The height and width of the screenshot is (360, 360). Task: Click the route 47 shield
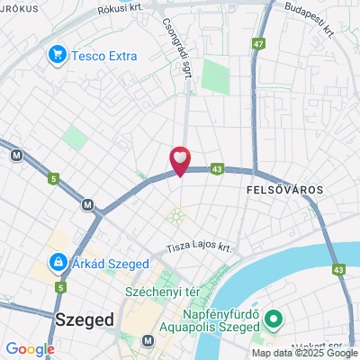pos(259,43)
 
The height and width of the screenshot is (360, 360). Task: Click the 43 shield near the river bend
pos(338,269)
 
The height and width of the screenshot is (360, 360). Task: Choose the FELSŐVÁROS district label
pos(284,192)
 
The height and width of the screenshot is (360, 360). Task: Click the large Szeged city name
pos(84,319)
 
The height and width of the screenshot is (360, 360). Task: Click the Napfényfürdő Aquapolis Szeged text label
pos(210,321)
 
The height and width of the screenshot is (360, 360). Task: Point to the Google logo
pos(30,349)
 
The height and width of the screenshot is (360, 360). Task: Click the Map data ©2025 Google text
pos(304,353)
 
